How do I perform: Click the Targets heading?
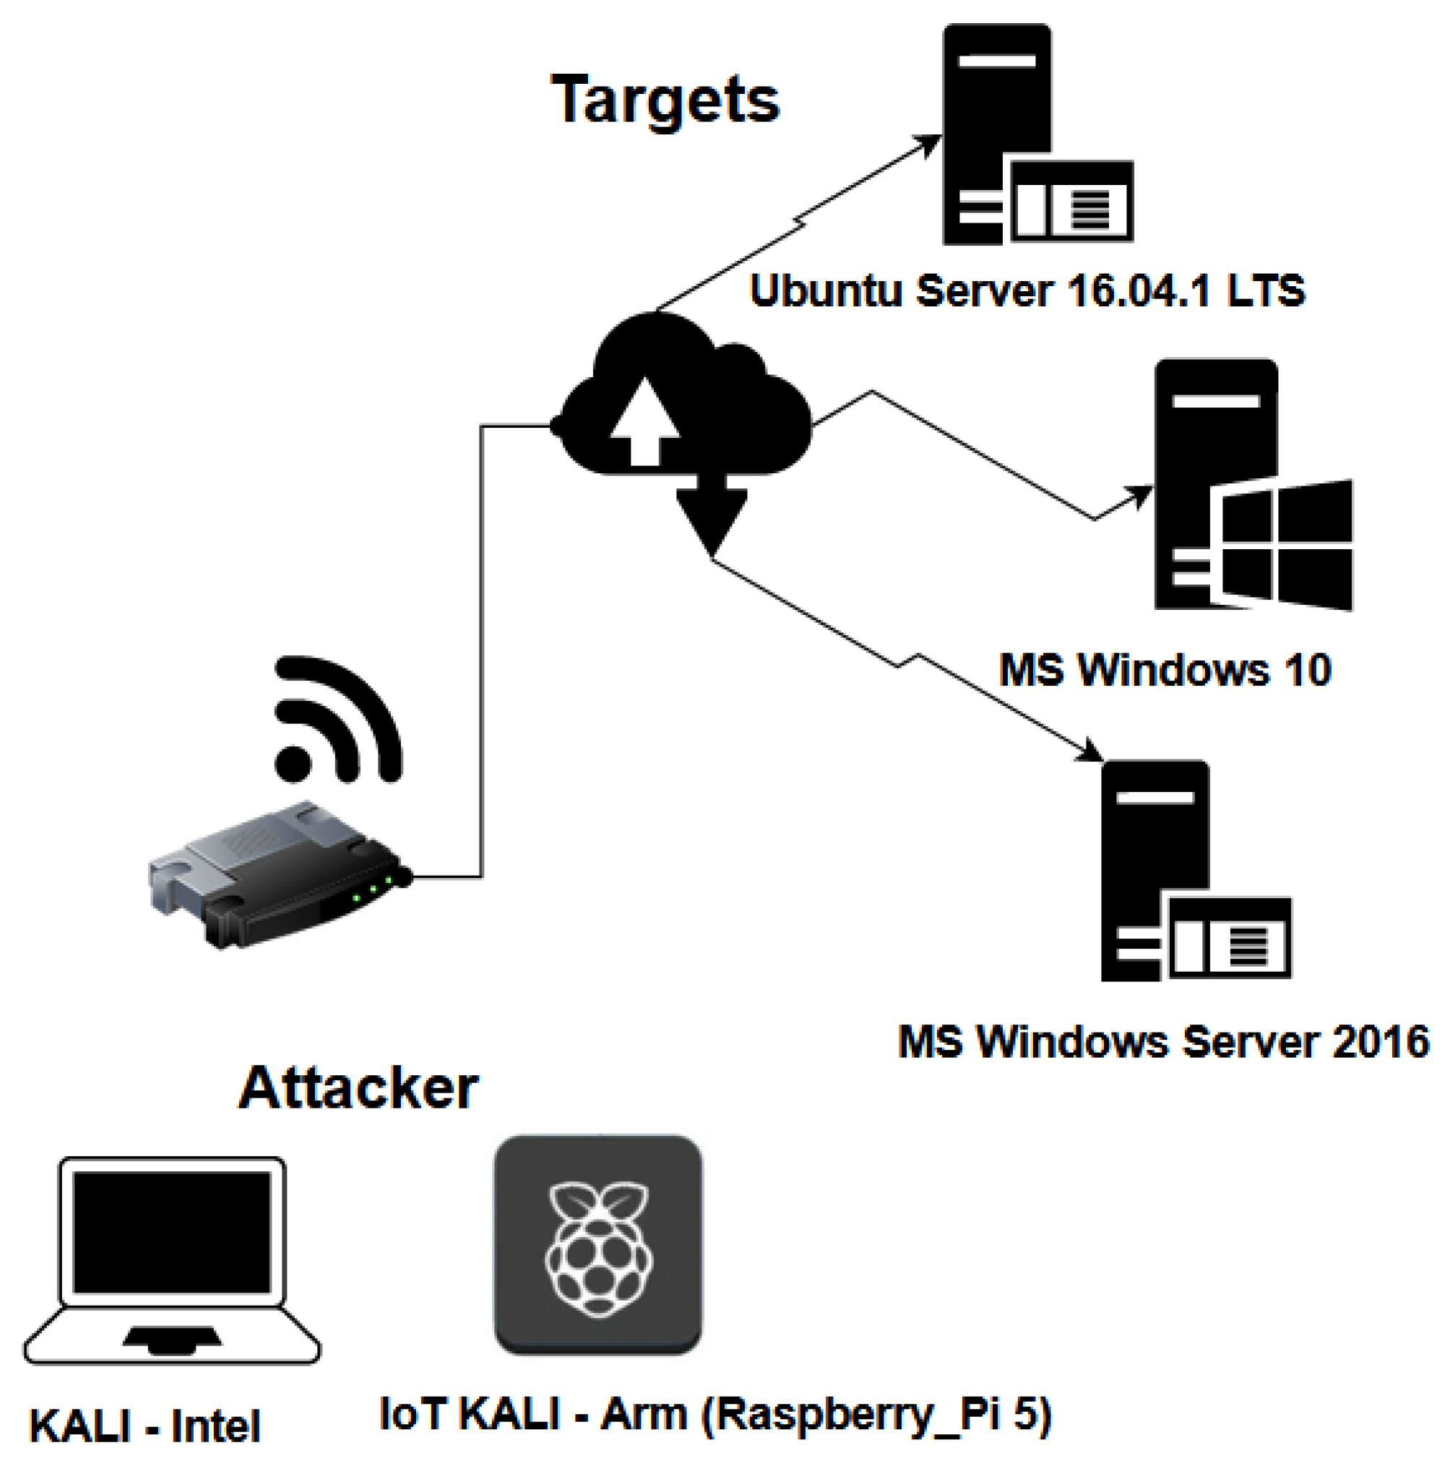(x=665, y=100)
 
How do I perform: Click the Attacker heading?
(x=358, y=1089)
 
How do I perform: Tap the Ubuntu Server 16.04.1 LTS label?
(x=1027, y=290)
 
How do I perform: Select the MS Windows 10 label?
(x=1165, y=670)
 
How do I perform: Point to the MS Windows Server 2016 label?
(x=1163, y=1042)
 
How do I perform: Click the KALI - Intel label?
(x=145, y=1426)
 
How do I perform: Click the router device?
(x=280, y=874)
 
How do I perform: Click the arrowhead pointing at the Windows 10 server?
(x=1139, y=496)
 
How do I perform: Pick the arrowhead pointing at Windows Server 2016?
(x=1091, y=751)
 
